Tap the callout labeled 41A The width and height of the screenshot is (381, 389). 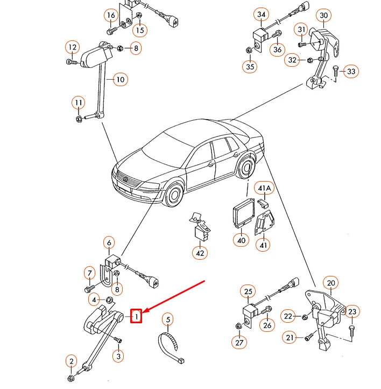point(264,189)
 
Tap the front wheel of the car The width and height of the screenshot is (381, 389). point(173,194)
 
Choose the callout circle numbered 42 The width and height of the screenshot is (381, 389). point(200,252)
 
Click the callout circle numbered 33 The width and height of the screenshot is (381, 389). point(351,71)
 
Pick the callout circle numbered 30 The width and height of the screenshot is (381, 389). point(323,16)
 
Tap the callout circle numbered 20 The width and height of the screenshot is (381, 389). point(330,283)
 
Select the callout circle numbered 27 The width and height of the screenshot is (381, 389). point(239,342)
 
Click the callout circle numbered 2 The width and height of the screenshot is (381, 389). point(71,360)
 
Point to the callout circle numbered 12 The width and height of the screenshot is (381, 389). point(72,47)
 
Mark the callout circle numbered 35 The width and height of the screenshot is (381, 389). point(249,67)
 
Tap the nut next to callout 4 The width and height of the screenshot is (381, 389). point(109,300)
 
